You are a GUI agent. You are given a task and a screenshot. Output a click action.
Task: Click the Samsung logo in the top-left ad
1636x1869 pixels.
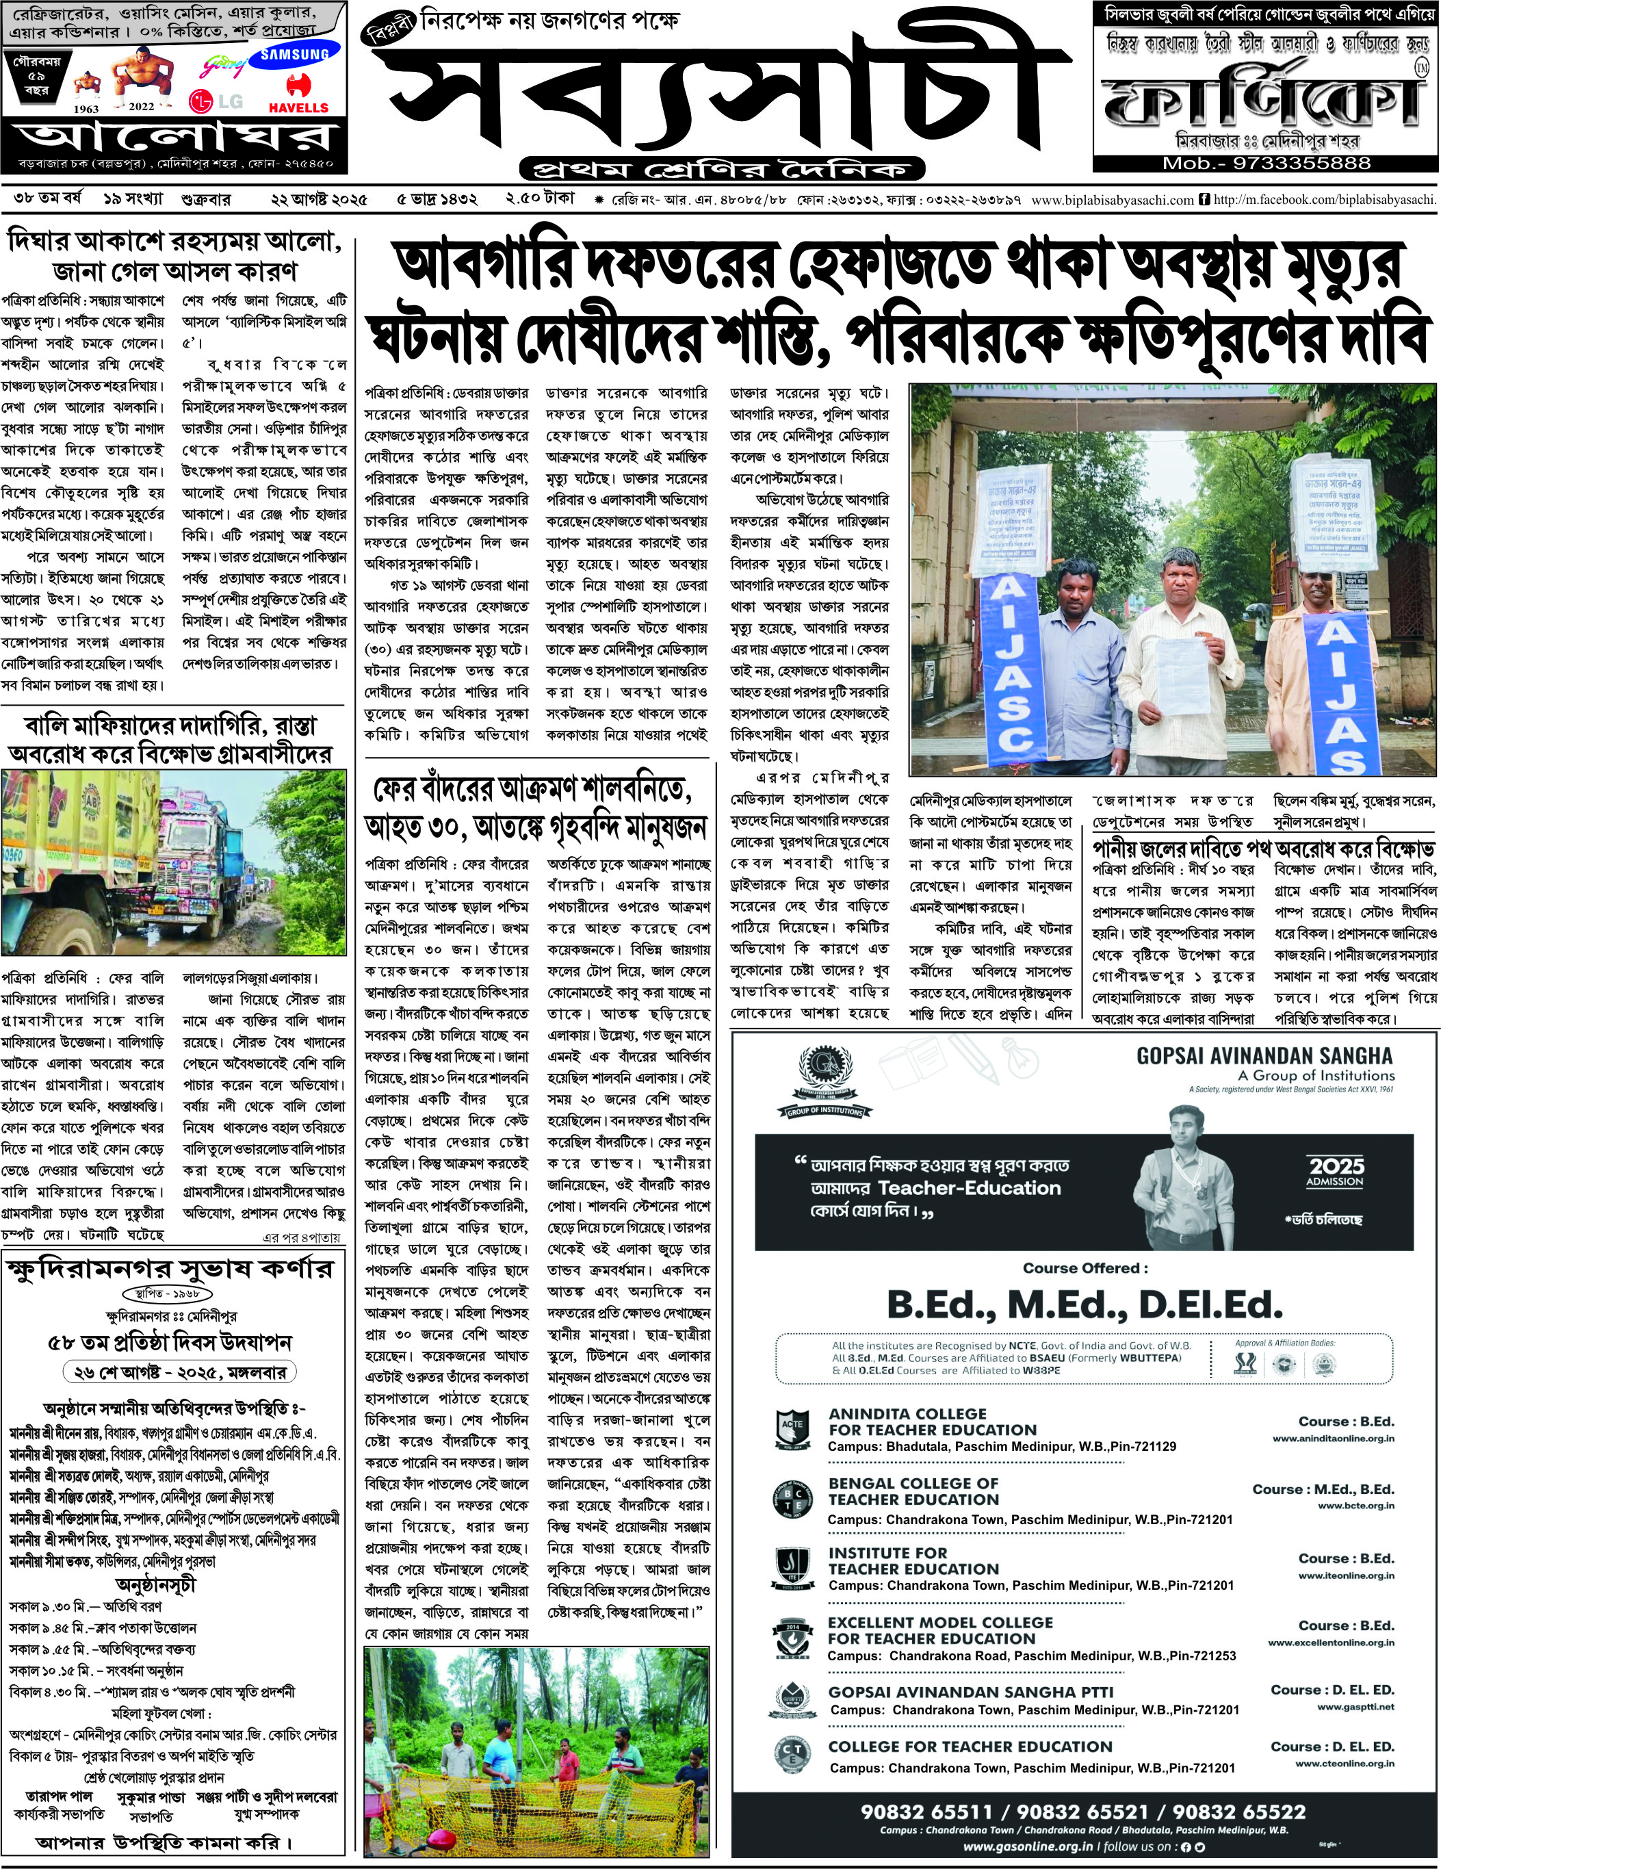click(x=294, y=55)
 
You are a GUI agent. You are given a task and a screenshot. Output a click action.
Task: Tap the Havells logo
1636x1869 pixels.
click(x=294, y=96)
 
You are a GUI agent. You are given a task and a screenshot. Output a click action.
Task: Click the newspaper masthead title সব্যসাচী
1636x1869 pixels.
click(x=720, y=96)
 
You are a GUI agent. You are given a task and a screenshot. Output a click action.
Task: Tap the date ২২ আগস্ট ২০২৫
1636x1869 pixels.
click(x=319, y=200)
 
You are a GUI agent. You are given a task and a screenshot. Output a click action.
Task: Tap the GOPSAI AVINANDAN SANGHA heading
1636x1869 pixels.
click(x=1264, y=1057)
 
